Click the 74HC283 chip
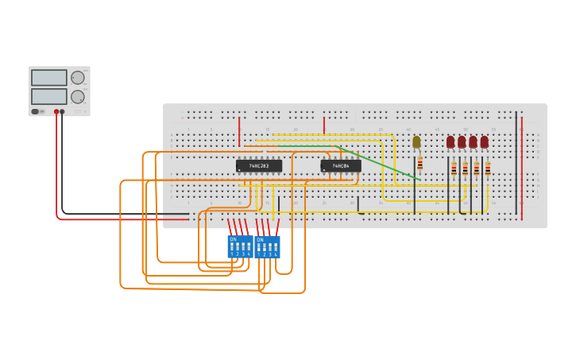[x=259, y=166]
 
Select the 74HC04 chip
[x=341, y=166]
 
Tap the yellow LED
[x=416, y=142]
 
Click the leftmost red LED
[x=450, y=141]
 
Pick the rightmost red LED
[x=484, y=141]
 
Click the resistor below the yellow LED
[x=419, y=163]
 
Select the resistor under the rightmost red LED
[x=488, y=168]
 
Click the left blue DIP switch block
[x=240, y=246]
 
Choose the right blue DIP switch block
[x=267, y=246]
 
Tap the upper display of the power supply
[x=49, y=78]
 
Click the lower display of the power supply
[x=49, y=96]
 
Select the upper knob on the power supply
[x=77, y=78]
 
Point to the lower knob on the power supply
[x=77, y=97]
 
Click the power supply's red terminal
[x=56, y=112]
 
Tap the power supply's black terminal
[x=63, y=112]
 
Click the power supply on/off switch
[x=36, y=112]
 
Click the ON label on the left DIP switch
[x=233, y=239]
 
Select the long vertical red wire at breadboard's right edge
[x=522, y=167]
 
